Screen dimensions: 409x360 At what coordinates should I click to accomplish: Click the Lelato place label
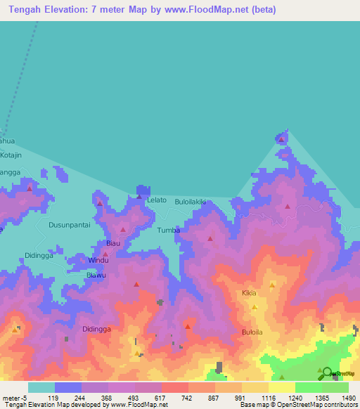(157, 200)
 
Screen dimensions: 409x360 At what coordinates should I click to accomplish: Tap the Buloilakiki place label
(191, 201)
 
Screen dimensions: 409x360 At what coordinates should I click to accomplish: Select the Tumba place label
(169, 231)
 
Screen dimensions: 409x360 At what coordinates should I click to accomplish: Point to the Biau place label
(112, 244)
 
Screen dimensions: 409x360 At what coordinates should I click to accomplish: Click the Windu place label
(98, 260)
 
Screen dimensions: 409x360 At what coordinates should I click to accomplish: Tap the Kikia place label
(249, 292)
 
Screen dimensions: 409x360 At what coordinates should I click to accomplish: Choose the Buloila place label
(252, 332)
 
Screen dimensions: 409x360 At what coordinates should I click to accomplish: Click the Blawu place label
(96, 275)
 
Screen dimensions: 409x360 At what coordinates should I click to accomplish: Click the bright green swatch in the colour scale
(308, 387)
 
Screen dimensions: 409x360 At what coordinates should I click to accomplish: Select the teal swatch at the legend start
(41, 387)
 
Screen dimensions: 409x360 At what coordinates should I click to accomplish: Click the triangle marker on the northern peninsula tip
(282, 139)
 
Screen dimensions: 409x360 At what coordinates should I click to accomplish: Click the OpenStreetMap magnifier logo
(327, 373)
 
